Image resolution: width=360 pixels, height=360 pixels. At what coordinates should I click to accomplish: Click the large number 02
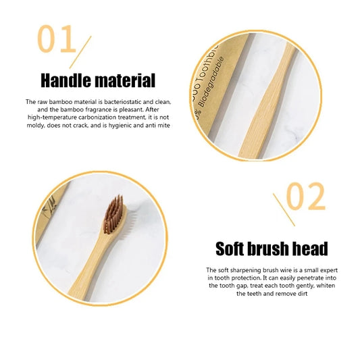pyautogui.click(x=305, y=197)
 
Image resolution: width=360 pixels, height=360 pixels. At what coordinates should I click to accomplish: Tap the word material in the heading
pyautogui.click(x=126, y=82)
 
